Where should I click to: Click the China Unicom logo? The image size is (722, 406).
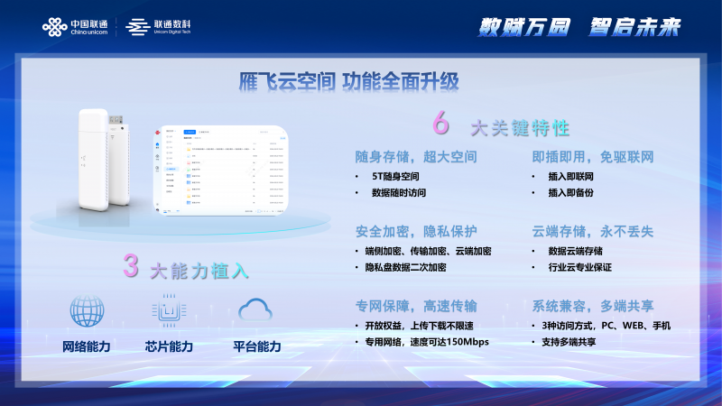[75, 27]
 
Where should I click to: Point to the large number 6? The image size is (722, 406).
[441, 123]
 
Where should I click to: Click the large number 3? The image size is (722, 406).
[132, 266]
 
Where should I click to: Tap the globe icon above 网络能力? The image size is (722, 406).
[88, 311]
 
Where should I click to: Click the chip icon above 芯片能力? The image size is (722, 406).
[169, 311]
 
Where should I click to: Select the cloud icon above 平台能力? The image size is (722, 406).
[255, 310]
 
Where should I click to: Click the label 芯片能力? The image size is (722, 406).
[169, 346]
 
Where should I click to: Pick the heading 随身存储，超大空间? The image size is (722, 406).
[416, 157]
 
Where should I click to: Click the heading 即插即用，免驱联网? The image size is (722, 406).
[593, 157]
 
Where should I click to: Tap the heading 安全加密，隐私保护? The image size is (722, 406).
[416, 231]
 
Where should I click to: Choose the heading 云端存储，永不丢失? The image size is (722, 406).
[593, 231]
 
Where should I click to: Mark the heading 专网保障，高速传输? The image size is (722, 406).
[416, 305]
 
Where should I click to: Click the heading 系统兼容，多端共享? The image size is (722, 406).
[593, 305]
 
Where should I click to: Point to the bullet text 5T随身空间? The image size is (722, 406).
[396, 177]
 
